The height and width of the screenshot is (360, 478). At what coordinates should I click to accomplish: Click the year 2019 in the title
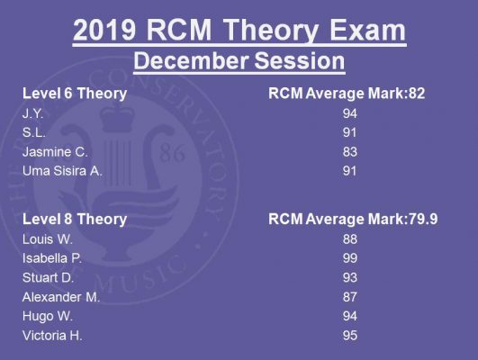[x=104, y=30]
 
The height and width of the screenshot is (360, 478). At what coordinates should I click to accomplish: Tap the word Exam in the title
[x=367, y=30]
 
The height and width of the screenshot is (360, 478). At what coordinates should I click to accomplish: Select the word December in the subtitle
[x=191, y=60]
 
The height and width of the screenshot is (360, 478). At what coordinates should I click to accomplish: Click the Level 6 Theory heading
[x=75, y=94]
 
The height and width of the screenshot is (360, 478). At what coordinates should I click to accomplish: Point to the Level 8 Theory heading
[x=75, y=220]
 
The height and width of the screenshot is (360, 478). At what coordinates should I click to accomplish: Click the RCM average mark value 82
[x=417, y=94]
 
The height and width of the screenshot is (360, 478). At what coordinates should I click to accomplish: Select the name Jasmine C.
[x=55, y=152]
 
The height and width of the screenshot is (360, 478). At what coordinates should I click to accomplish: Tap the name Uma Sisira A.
[x=62, y=171]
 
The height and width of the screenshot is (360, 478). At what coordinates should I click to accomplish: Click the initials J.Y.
[x=33, y=113]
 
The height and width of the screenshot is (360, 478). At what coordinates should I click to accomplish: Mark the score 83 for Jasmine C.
[x=349, y=152]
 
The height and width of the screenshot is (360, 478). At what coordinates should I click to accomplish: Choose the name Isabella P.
[x=52, y=258]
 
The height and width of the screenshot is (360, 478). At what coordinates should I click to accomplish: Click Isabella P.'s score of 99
[x=349, y=258]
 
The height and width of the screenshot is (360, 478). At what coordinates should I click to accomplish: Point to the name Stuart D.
[x=49, y=278]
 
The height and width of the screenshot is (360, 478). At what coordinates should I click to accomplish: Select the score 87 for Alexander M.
[x=349, y=297]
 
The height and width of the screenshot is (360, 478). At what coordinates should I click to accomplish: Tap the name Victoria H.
[x=52, y=336]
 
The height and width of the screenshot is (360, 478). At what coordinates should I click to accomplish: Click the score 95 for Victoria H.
[x=349, y=336]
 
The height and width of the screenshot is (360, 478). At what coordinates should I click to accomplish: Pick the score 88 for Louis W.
[x=349, y=239]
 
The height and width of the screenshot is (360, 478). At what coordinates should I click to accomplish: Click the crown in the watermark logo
[x=117, y=117]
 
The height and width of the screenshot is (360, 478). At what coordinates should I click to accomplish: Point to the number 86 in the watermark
[x=172, y=152]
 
